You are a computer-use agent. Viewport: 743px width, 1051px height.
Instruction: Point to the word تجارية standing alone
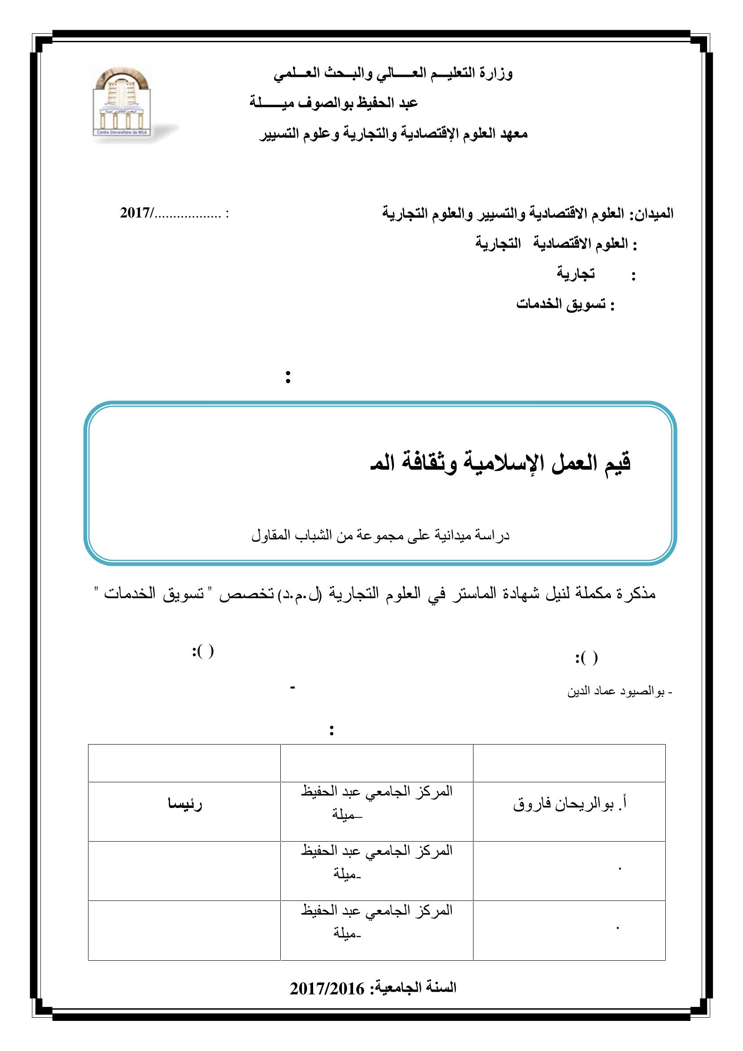[575, 273]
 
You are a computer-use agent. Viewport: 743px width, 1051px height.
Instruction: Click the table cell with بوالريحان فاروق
[569, 805]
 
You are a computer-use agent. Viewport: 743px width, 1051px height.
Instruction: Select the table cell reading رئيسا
[185, 805]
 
